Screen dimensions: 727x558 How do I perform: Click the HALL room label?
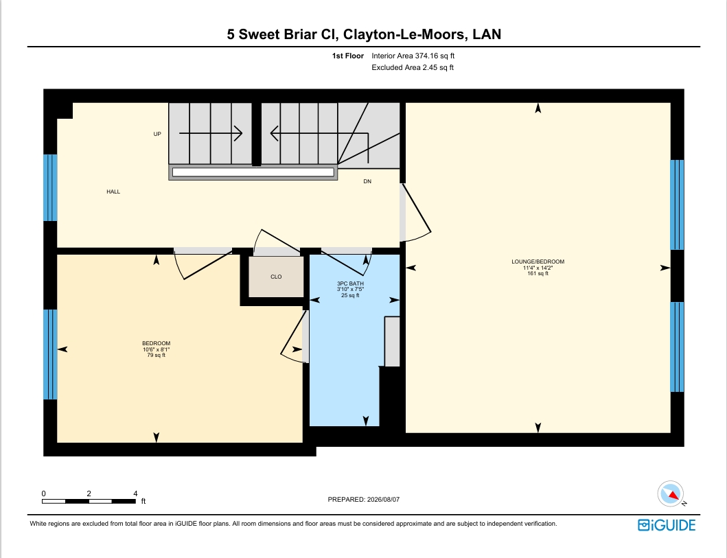[113, 191]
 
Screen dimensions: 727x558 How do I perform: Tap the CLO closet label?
[276, 277]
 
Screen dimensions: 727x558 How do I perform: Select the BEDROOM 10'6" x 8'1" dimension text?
[157, 349]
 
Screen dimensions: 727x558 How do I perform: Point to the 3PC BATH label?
[350, 283]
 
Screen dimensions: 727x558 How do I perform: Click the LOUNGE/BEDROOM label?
[538, 261]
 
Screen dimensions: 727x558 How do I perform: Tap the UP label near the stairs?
[157, 134]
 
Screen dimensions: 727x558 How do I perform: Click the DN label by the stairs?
[367, 181]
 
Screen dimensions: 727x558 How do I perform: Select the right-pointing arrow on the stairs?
[211, 133]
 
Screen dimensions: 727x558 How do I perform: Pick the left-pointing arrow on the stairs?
[319, 133]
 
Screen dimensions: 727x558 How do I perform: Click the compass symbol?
[671, 493]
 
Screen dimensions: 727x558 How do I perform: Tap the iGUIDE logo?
[667, 524]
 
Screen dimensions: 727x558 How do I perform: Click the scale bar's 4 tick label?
[135, 493]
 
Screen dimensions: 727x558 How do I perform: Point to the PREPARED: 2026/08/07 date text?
[364, 499]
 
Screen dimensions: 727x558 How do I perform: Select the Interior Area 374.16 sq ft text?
[413, 56]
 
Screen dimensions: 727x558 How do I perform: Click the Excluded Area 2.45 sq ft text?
[413, 67]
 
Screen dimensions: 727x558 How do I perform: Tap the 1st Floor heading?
[348, 56]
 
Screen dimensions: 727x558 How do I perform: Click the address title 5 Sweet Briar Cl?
[282, 34]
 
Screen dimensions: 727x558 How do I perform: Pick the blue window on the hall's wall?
[50, 187]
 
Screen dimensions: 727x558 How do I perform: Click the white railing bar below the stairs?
[253, 172]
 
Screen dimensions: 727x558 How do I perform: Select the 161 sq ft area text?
[538, 273]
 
